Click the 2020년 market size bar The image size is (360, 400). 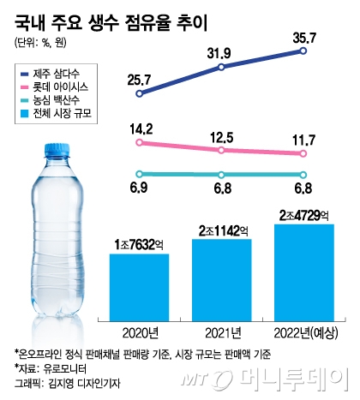coord(140,287)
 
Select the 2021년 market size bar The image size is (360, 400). coord(222,280)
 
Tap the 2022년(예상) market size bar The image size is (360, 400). coord(304,272)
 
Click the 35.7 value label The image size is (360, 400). coord(304,39)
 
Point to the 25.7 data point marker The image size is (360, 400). coord(140,93)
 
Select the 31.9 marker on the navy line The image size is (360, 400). coord(221,67)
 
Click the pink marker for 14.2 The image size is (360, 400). coord(140,142)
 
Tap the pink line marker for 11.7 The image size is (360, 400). coord(303,153)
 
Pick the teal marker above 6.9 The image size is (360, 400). coord(140,174)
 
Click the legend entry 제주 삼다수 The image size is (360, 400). coord(51,75)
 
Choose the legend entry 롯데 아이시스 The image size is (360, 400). coord(54,87)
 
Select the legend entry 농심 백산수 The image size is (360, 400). coord(51,100)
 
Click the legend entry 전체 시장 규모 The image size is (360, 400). coord(56,114)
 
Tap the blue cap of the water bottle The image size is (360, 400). coord(57,151)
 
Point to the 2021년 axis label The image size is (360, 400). coord(223,333)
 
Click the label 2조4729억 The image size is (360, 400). coord(304,216)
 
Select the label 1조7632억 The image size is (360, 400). coord(139,245)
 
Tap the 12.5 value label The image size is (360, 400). coord(222,138)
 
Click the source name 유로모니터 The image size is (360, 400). coord(64,369)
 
